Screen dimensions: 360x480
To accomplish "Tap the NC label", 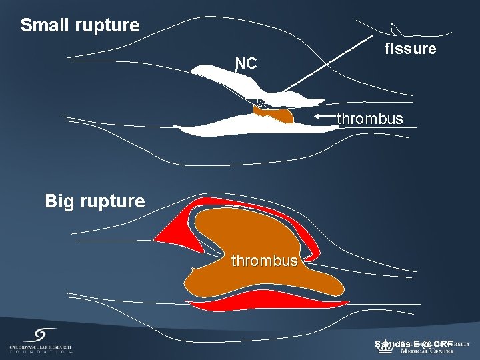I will [x=246, y=63].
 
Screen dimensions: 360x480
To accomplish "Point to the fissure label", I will [x=410, y=49].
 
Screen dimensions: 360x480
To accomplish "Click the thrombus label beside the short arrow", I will [x=370, y=119].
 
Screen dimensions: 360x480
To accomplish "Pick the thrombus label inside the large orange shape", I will [x=265, y=261].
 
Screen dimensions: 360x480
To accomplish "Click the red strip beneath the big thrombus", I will [x=267, y=308].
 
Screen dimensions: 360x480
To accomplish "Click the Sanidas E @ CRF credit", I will [x=413, y=344].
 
